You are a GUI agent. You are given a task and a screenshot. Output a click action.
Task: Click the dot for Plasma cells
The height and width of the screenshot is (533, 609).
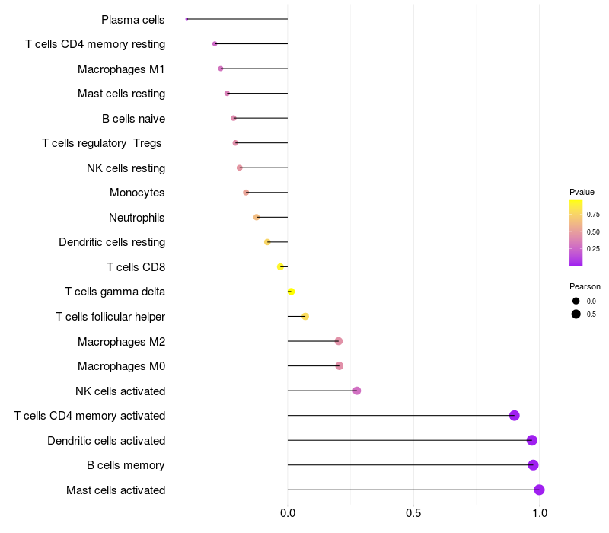187,19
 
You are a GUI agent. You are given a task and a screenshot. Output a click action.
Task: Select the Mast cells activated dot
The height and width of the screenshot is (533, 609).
539,490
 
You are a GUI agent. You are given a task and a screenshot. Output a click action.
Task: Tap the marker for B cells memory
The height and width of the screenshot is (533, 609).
533,465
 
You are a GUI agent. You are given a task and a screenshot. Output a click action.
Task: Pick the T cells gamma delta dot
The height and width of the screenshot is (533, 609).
291,292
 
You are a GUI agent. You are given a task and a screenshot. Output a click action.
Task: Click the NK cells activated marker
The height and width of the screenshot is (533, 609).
356,391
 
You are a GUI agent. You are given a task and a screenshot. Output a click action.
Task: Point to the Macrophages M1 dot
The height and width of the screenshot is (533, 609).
221,69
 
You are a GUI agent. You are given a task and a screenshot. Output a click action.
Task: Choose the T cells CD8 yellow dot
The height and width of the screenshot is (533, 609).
280,266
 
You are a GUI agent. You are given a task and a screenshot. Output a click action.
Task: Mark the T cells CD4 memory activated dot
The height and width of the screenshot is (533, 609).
515,416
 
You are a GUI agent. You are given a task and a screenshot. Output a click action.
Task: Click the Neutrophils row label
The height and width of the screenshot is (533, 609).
137,218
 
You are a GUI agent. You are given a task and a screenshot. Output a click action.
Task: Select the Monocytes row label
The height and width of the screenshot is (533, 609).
137,193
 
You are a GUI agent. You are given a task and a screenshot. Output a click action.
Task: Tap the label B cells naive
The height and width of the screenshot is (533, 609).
133,119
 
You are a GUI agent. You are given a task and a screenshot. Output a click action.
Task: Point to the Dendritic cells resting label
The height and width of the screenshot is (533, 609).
112,242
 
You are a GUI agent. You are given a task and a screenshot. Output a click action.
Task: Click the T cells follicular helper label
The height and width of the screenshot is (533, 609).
110,317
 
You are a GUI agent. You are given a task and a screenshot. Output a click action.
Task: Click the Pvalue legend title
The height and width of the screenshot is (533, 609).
582,192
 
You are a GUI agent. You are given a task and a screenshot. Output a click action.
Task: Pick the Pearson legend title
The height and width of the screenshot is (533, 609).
585,286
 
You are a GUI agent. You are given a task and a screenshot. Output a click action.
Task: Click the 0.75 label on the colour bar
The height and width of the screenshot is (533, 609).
593,214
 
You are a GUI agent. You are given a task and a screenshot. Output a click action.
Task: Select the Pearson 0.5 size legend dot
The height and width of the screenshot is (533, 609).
576,314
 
